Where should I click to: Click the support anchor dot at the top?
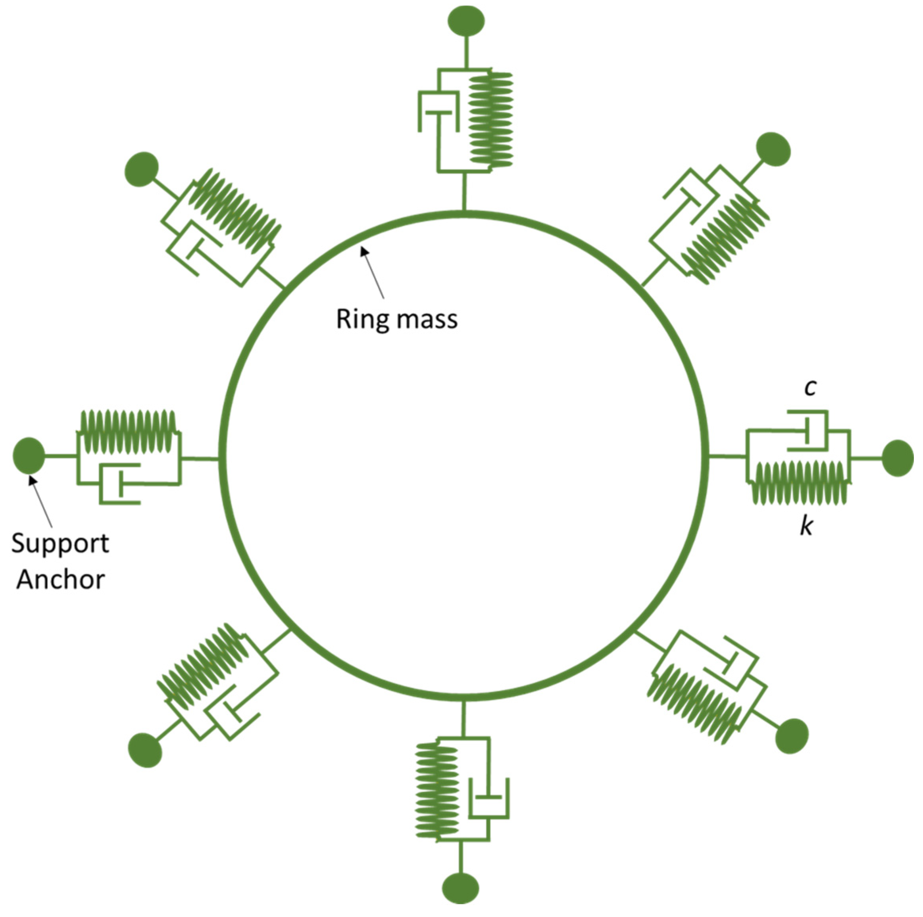(x=466, y=20)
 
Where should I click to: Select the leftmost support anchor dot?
(x=29, y=456)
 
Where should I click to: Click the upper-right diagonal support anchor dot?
(x=773, y=149)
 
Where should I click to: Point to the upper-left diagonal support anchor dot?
(x=141, y=169)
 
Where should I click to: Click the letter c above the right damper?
(x=809, y=388)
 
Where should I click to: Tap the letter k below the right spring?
(x=807, y=526)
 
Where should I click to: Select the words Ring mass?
(x=396, y=319)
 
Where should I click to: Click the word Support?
(x=60, y=544)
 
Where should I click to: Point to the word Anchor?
(x=60, y=580)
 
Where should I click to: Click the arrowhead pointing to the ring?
(x=363, y=250)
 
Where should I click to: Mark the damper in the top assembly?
(x=438, y=112)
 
